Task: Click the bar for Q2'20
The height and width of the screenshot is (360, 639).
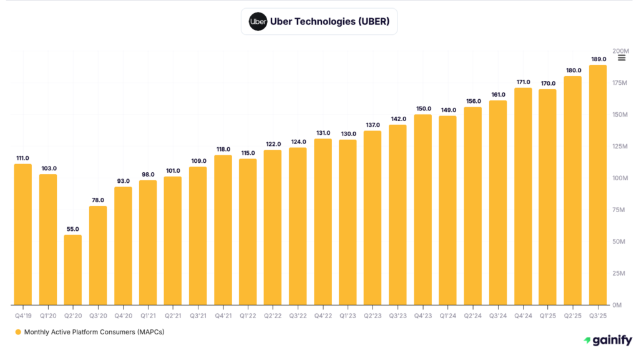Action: tap(73, 270)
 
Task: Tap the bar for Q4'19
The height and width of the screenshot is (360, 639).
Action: tap(23, 234)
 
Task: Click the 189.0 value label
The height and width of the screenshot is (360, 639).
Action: tap(598, 59)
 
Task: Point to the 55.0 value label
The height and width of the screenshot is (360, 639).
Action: tap(73, 229)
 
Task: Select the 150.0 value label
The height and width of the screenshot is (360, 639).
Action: tap(423, 109)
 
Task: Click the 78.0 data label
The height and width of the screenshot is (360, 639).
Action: tap(98, 200)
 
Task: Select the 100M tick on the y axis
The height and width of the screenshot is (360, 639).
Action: tap(621, 178)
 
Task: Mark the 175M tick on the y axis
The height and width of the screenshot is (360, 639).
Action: tap(621, 82)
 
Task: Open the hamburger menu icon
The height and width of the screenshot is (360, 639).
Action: tap(622, 58)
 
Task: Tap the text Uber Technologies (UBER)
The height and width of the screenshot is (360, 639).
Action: tap(330, 21)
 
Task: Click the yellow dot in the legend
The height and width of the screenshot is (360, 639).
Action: tap(18, 332)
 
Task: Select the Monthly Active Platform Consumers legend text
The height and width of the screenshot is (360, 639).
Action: tap(94, 332)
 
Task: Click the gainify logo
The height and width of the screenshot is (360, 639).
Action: tap(607, 340)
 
